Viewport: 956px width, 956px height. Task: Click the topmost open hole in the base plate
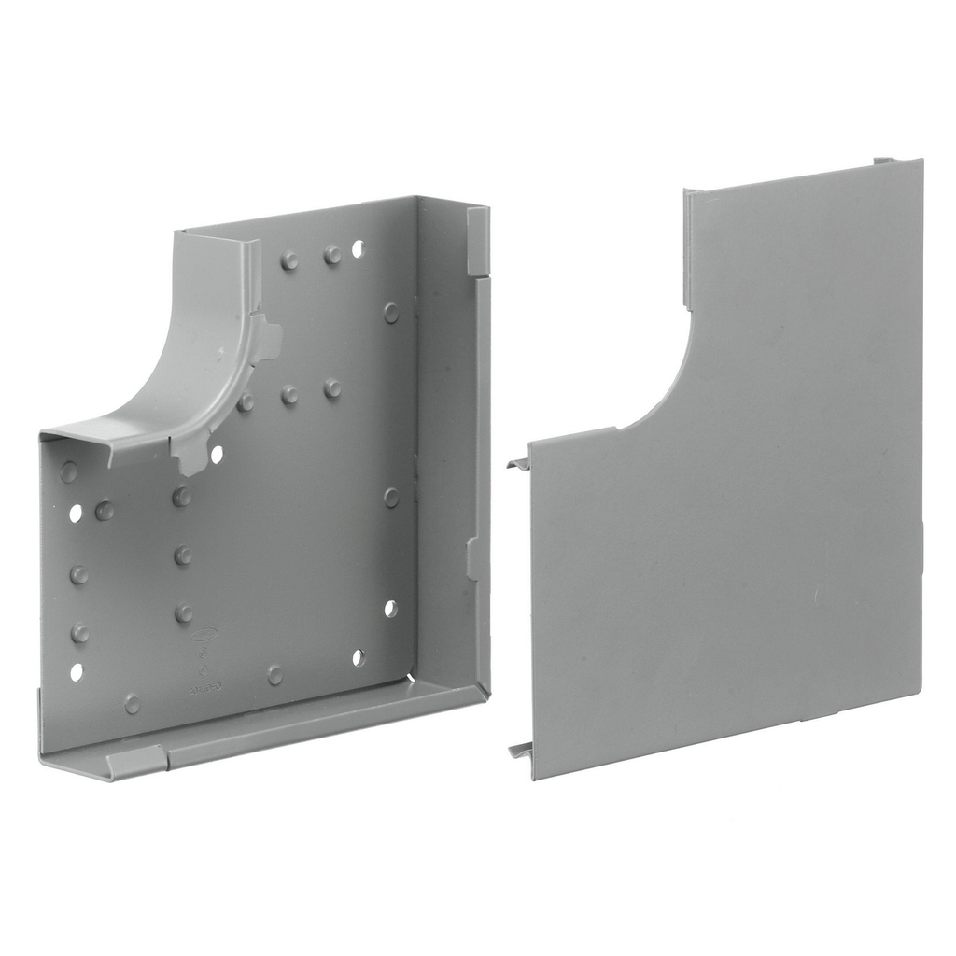358,248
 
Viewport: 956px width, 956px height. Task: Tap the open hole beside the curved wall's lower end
217,454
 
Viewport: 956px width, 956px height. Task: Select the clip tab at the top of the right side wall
477,241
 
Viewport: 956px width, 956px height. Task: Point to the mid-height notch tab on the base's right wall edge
475,558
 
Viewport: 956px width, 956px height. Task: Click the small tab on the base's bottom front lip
136,761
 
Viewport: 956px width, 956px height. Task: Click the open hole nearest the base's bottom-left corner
76,671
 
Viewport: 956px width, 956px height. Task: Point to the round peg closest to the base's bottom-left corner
132,703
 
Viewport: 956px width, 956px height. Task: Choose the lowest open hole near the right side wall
358,657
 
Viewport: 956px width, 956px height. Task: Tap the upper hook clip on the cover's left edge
519,463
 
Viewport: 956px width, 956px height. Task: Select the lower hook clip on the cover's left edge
520,750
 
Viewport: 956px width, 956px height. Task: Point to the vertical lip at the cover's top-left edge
687,247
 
